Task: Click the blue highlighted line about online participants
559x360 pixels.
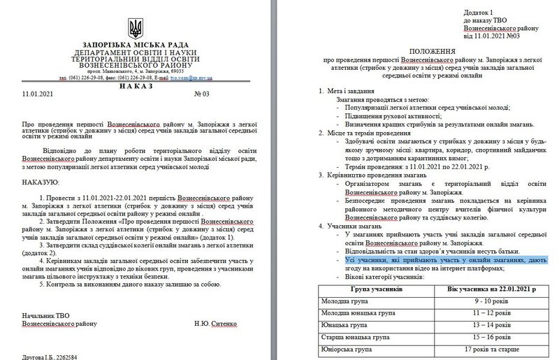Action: click(x=435, y=259)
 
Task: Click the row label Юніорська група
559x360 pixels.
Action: click(x=347, y=350)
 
